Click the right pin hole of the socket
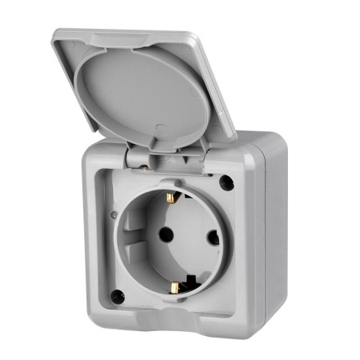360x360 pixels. [x=213, y=237]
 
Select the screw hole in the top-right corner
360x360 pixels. [x=226, y=182]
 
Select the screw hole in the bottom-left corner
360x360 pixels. [x=118, y=297]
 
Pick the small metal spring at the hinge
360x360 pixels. [x=142, y=166]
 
